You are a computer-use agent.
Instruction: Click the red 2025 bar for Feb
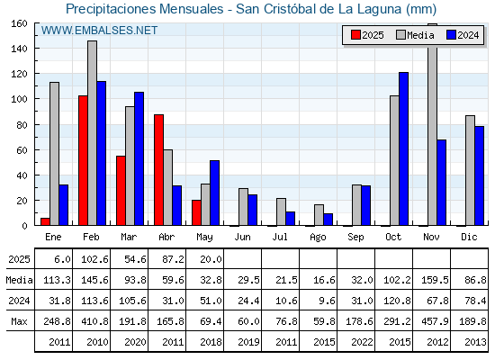(83, 160)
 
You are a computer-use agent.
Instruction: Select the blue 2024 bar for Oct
(404, 148)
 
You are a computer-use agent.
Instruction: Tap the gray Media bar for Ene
(54, 154)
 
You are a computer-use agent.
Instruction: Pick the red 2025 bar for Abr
(158, 170)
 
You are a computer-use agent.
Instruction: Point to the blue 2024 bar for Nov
(441, 183)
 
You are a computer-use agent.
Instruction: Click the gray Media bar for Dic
(470, 170)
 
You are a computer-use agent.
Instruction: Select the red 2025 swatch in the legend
(355, 35)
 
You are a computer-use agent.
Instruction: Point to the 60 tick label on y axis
(22, 150)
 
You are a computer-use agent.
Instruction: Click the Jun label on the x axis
(242, 238)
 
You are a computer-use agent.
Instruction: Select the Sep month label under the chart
(355, 238)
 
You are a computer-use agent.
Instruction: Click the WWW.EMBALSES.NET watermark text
(99, 31)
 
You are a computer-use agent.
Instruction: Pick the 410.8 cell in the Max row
(94, 321)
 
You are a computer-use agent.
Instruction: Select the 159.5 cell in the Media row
(435, 280)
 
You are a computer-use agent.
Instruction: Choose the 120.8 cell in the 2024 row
(397, 301)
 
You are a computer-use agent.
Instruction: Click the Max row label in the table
(19, 321)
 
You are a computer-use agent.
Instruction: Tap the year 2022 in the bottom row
(362, 342)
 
